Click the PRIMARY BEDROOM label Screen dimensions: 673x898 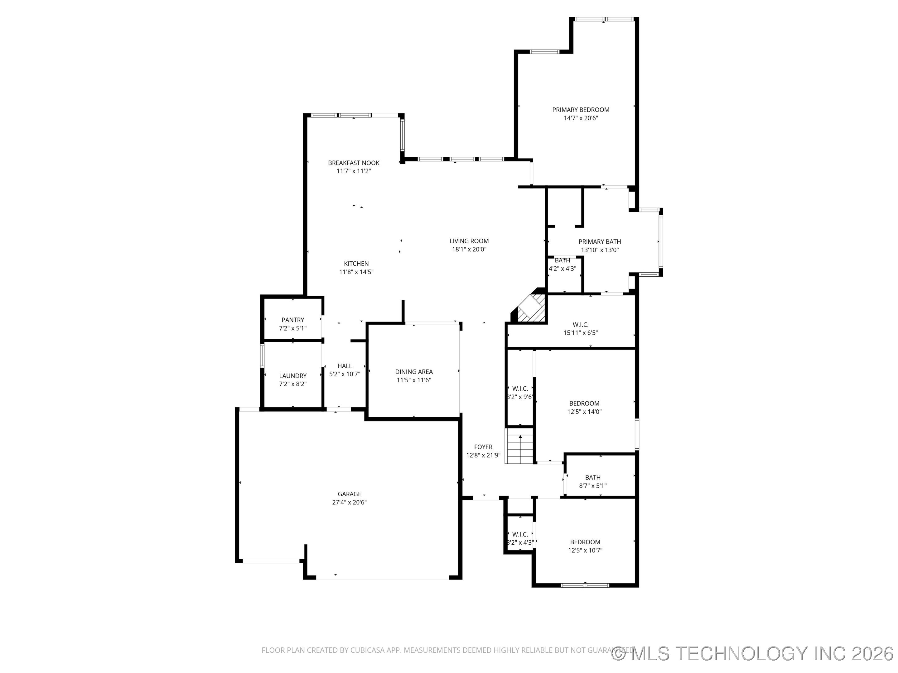click(x=581, y=110)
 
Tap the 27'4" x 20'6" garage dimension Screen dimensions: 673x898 click(x=349, y=502)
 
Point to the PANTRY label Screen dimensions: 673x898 click(x=293, y=320)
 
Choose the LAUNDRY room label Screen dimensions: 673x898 click(x=293, y=376)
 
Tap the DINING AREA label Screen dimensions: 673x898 click(x=414, y=372)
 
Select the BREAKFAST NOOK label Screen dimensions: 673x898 click(x=354, y=163)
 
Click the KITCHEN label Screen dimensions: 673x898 click(x=356, y=264)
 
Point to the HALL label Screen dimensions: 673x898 click(x=345, y=366)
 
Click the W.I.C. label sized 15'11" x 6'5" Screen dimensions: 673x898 click(x=581, y=325)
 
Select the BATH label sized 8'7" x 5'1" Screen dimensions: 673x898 click(x=593, y=477)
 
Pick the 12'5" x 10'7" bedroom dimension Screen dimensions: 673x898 click(x=585, y=551)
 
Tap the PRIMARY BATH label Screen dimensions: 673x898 click(x=600, y=242)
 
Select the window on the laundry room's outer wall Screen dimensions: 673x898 click(x=262, y=356)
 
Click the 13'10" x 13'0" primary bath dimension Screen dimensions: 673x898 click(x=600, y=250)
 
